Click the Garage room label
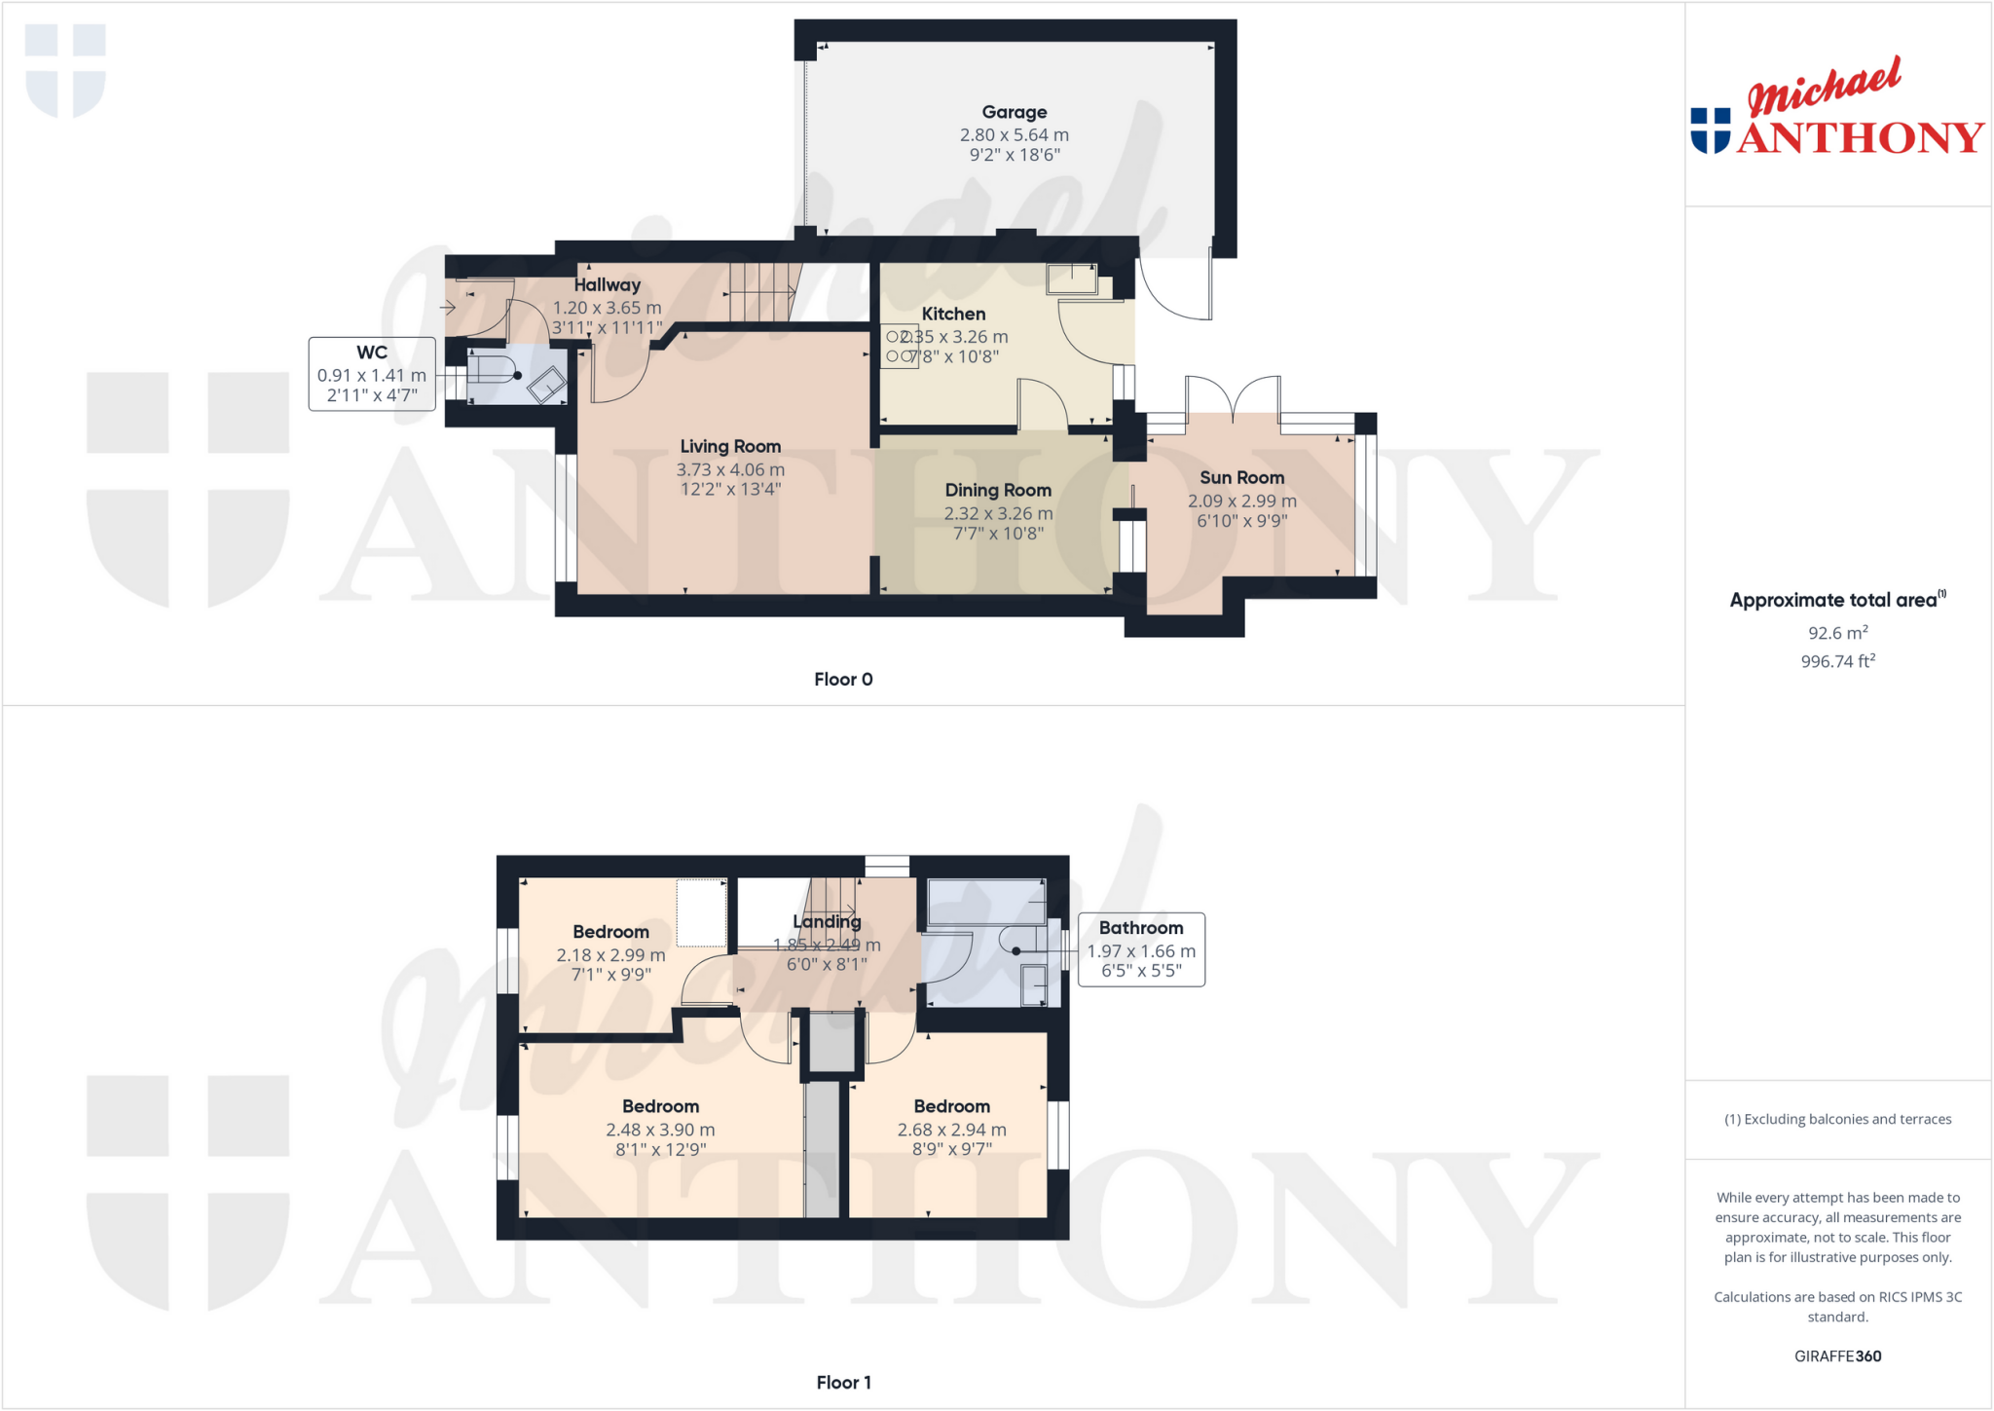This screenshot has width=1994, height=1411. coord(1014,112)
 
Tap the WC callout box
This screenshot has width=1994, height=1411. coord(372,374)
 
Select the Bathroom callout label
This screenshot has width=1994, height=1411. coord(1141,929)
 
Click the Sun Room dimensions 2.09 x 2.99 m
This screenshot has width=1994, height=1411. coord(1241,501)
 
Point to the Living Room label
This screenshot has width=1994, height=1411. coord(730,446)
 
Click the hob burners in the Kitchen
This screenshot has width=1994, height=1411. coord(899,347)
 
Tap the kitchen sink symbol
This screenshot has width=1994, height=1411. coord(1072,279)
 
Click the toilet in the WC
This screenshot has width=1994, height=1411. coord(495,375)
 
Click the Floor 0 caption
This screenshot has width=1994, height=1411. coord(843,680)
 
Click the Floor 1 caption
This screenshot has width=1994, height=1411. coord(843,1383)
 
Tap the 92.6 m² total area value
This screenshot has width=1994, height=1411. coord(1837,633)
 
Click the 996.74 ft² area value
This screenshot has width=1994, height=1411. coord(1837,661)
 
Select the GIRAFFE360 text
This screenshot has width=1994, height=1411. coord(1837,1355)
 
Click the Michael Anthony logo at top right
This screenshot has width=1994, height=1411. coord(1836,107)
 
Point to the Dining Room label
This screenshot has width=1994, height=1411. coord(998,490)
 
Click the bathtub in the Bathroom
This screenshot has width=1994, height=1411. coord(986,902)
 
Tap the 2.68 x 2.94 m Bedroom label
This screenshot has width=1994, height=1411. coord(951,1130)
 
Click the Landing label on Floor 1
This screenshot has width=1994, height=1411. coord(827,921)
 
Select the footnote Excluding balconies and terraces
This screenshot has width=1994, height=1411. coord(1837,1119)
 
